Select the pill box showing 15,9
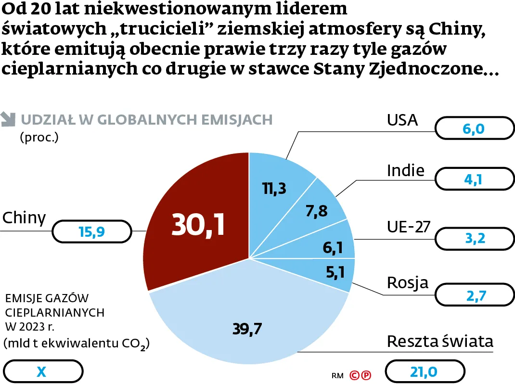point(91,232)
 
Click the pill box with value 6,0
point(474,129)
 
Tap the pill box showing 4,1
point(474,179)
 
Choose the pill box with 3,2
point(474,238)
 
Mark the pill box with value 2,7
point(474,295)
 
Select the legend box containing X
point(42,371)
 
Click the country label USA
point(402,120)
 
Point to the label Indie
point(405,170)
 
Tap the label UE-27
point(409,227)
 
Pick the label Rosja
point(407,283)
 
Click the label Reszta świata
point(440,342)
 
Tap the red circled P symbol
point(366,375)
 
